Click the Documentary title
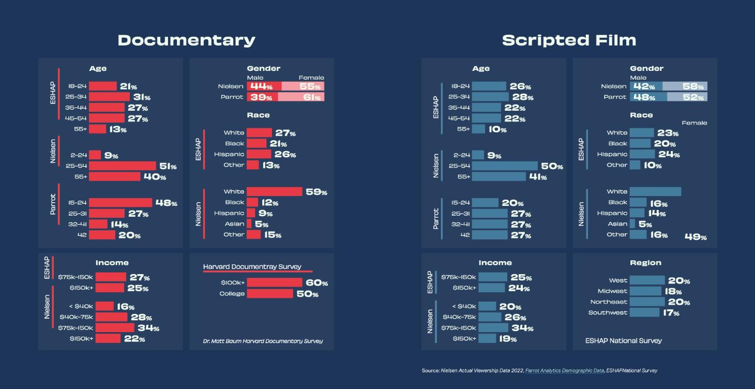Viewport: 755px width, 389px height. click(186, 40)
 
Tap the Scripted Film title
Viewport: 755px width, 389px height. click(569, 40)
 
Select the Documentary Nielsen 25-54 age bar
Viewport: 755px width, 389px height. click(122, 166)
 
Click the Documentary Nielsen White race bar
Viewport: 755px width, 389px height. click(274, 191)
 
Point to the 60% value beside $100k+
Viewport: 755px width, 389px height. click(316, 282)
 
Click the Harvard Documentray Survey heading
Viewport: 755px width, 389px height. click(252, 267)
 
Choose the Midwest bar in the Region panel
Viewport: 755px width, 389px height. click(645, 291)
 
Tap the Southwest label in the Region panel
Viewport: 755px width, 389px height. click(608, 312)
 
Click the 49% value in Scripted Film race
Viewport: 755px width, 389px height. click(695, 236)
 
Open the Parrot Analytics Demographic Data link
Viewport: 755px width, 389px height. click(564, 370)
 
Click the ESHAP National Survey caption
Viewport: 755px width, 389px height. click(623, 340)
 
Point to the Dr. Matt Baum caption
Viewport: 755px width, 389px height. click(263, 341)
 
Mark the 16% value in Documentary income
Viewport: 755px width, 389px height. click(125, 307)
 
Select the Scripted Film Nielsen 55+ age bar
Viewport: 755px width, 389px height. click(499, 177)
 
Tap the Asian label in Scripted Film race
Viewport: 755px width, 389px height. click(618, 224)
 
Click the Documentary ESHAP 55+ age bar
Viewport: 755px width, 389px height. click(97, 129)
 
